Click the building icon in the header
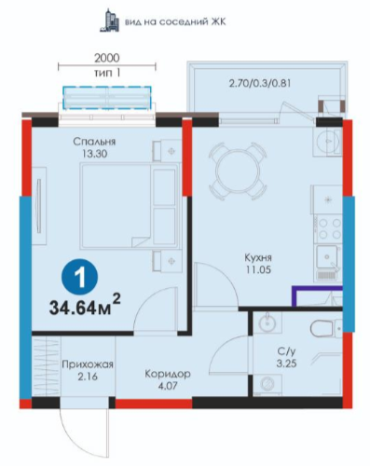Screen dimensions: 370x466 (x=109, y=21)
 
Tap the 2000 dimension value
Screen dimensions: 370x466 (x=107, y=58)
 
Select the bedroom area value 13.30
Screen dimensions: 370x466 (x=95, y=154)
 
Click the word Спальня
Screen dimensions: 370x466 (x=94, y=142)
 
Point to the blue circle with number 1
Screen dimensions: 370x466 (x=80, y=278)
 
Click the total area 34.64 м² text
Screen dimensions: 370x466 (x=85, y=306)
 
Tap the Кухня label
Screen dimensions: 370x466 (x=258, y=257)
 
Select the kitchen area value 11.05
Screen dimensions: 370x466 (x=258, y=269)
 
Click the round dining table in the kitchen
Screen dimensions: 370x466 (x=238, y=171)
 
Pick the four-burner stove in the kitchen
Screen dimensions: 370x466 (x=329, y=228)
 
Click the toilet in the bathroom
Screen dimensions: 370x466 (x=325, y=328)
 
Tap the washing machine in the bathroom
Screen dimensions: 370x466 (x=267, y=384)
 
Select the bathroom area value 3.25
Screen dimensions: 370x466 (x=286, y=363)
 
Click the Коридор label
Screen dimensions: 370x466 (x=168, y=374)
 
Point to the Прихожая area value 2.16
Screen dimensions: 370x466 (x=88, y=377)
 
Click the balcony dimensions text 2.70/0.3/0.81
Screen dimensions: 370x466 (x=260, y=83)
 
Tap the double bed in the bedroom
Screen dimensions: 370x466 (x=130, y=206)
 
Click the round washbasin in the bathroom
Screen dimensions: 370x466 (x=267, y=323)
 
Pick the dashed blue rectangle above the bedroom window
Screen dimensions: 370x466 (x=107, y=98)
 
